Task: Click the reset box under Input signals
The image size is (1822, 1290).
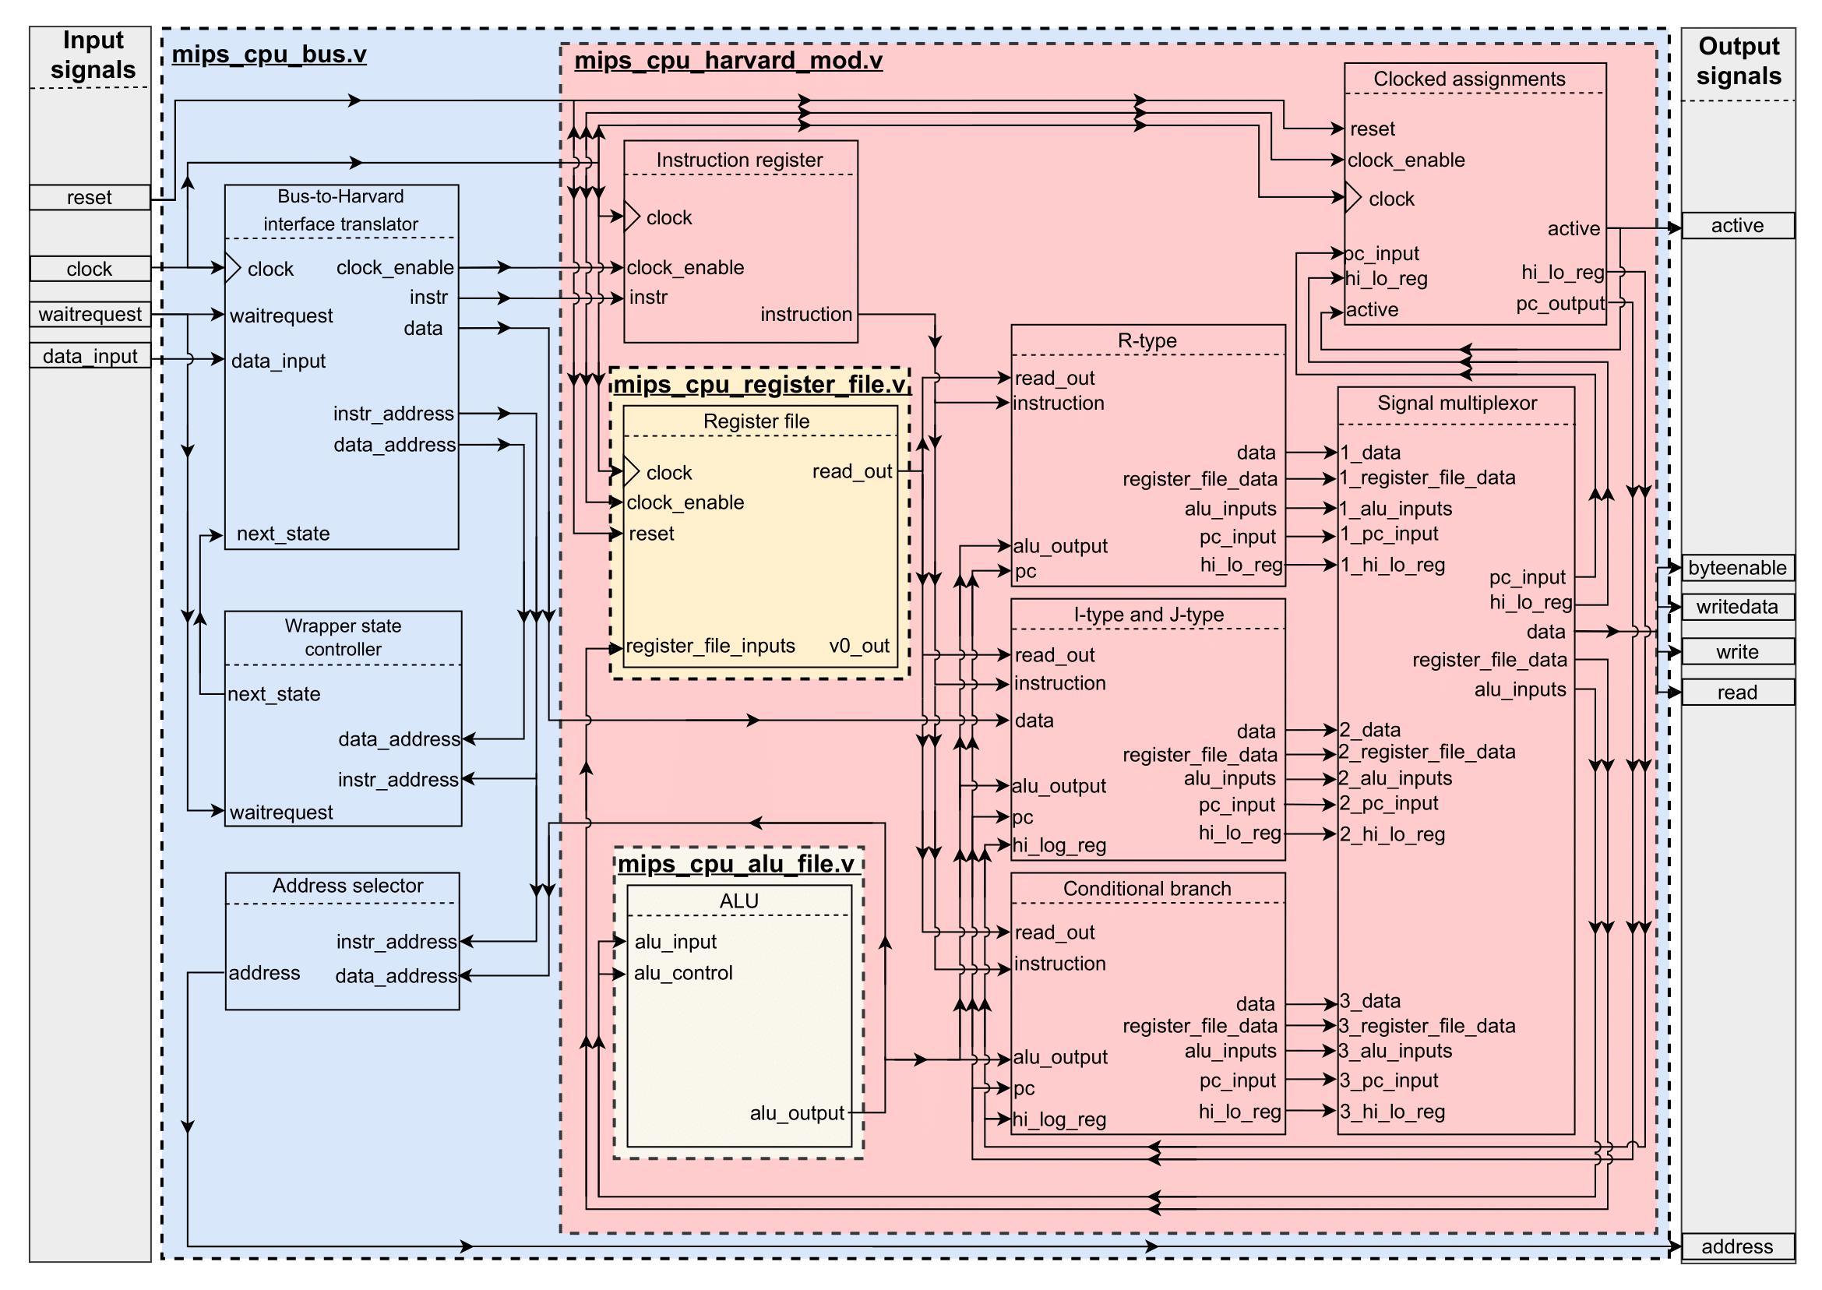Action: [x=89, y=197]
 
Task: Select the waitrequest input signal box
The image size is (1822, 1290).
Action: [x=89, y=314]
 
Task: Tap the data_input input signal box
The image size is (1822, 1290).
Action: [x=89, y=356]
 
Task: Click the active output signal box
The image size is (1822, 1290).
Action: [x=1736, y=226]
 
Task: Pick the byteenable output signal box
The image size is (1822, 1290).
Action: [x=1736, y=568]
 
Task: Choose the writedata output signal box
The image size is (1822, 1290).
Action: [x=1736, y=607]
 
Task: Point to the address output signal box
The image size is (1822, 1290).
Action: [x=1736, y=1246]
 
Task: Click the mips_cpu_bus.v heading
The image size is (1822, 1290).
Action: [x=269, y=54]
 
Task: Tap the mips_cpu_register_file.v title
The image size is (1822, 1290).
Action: [x=759, y=385]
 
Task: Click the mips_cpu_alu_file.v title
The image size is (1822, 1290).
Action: [x=735, y=863]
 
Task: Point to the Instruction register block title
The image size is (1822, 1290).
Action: [x=738, y=160]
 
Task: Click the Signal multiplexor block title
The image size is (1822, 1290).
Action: [x=1456, y=403]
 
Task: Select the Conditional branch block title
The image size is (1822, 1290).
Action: [x=1146, y=888]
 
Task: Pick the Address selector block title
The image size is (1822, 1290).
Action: [x=347, y=885]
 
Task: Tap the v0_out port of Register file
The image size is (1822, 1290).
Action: [x=858, y=646]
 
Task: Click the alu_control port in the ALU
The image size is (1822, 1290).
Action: [x=682, y=972]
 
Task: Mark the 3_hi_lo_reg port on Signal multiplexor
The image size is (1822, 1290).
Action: [x=1391, y=1111]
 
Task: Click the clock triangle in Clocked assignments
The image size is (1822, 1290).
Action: [x=1352, y=198]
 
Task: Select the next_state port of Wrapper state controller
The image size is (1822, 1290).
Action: [x=273, y=694]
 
